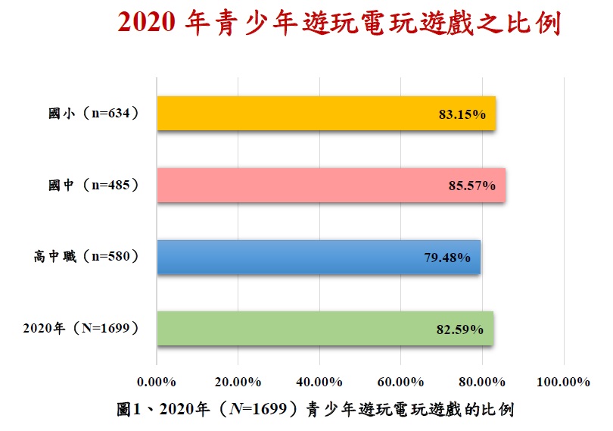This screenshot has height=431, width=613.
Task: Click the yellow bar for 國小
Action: (x=325, y=114)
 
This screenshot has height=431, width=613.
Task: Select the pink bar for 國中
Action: (x=331, y=186)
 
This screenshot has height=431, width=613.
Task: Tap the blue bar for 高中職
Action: (x=318, y=257)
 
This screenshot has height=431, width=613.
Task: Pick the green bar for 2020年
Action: (x=325, y=329)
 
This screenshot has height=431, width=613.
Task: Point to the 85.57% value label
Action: (x=471, y=186)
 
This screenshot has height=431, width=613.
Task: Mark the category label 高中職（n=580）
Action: (x=84, y=257)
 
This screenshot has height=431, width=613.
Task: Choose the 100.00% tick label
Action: (x=563, y=381)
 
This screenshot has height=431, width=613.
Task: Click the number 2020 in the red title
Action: (x=147, y=24)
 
